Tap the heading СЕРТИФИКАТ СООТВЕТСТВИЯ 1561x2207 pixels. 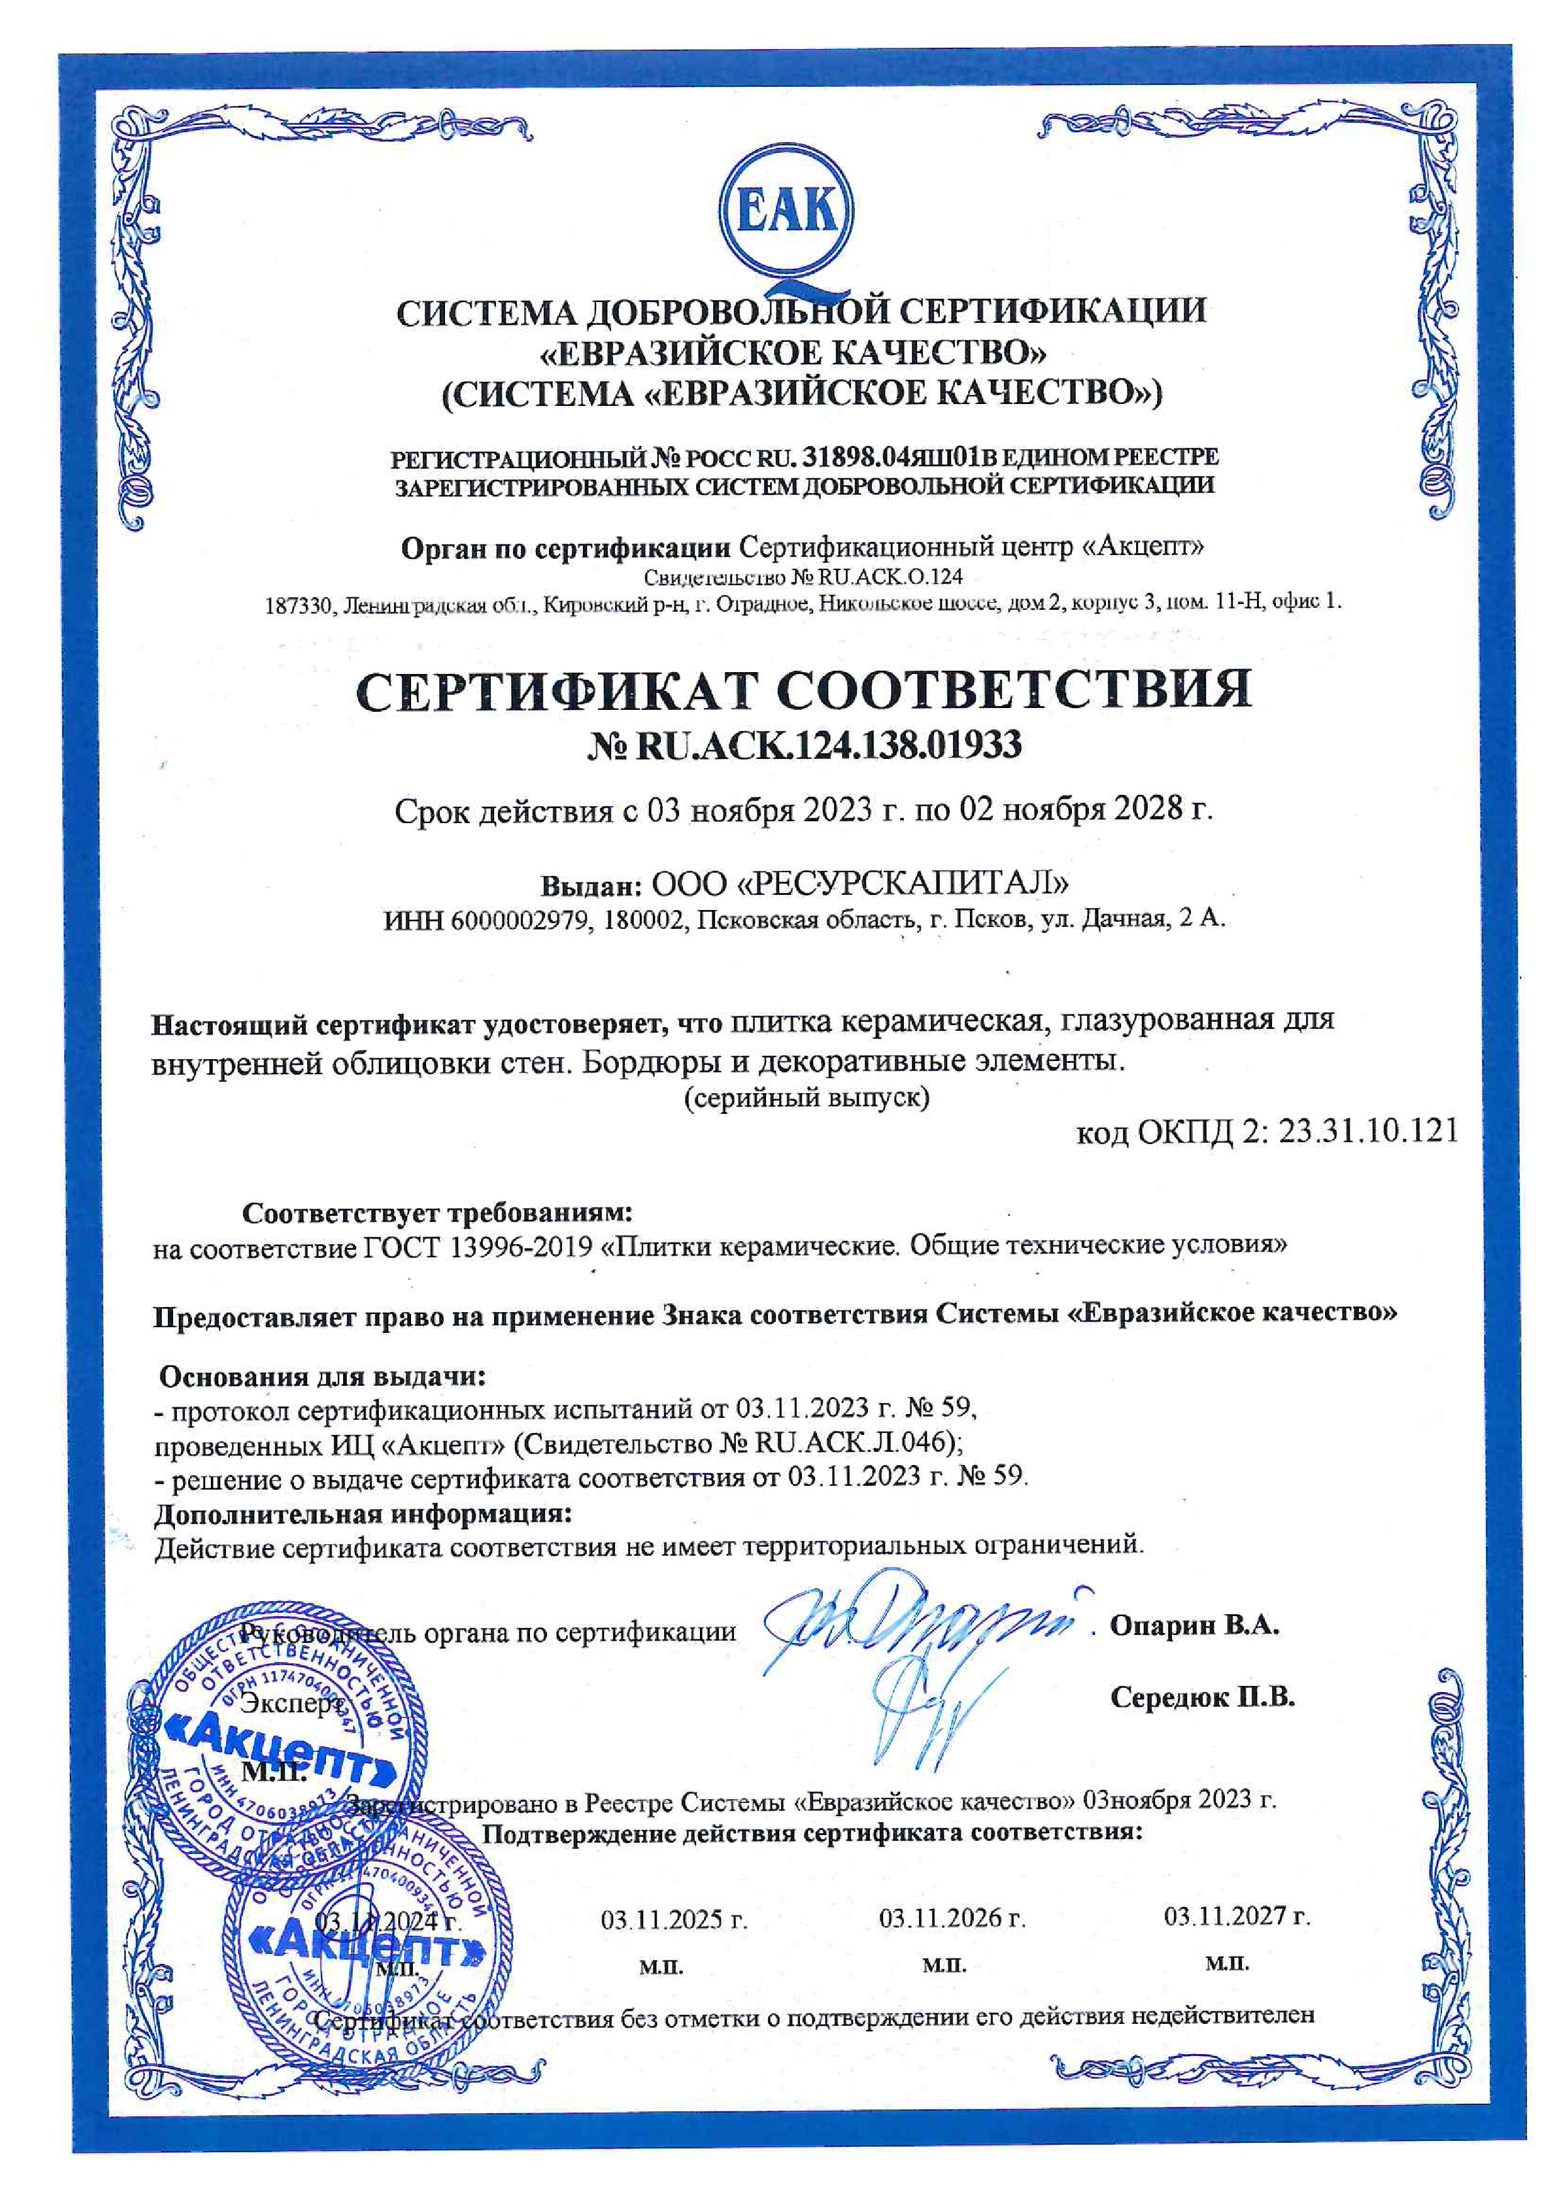tap(804, 689)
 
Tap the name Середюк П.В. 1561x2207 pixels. tap(1202, 1697)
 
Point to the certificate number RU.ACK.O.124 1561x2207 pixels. tap(890, 576)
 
